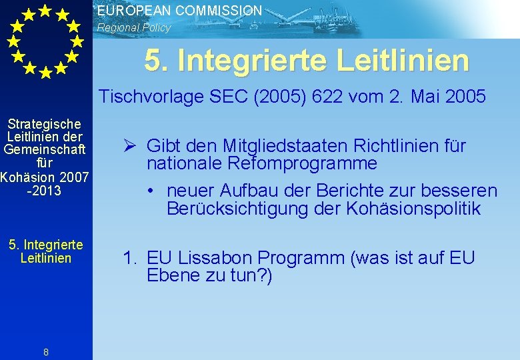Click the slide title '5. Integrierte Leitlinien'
click(x=307, y=61)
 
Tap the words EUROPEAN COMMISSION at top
click(x=179, y=11)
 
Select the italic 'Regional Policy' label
click(x=134, y=28)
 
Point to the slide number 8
click(x=45, y=353)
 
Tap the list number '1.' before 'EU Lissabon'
click(x=129, y=258)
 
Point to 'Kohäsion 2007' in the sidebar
click(x=45, y=177)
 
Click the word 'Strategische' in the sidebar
click(x=45, y=124)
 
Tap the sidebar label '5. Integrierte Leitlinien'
click(x=45, y=251)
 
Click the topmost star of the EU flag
click(x=45, y=10)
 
